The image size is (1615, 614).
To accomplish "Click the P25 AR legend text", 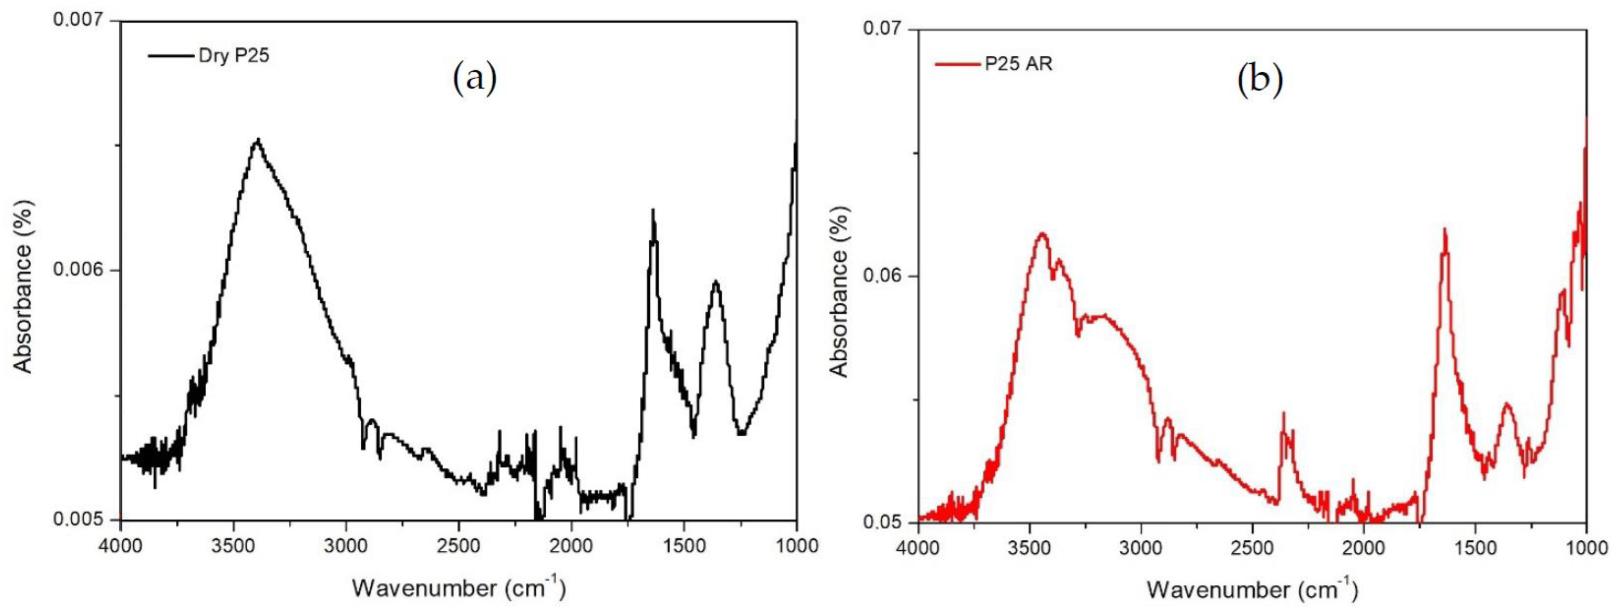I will pyautogui.click(x=1018, y=64).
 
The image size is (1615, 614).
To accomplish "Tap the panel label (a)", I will pyautogui.click(x=475, y=79).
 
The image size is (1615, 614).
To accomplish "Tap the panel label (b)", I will pyautogui.click(x=1260, y=82).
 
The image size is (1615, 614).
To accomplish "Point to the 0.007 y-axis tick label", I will pyautogui.click(x=82, y=21).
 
